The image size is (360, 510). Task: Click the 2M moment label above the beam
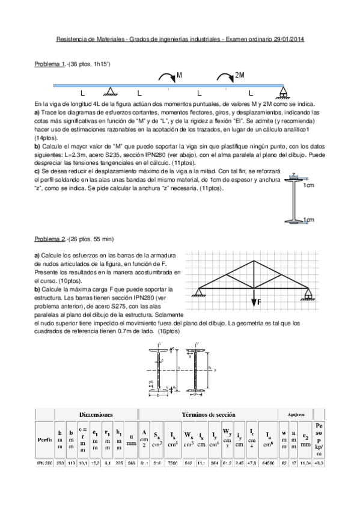tap(240, 75)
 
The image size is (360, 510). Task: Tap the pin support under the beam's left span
tap(110, 91)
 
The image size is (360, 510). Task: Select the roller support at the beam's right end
tap(284, 91)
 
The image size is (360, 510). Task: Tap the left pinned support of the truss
tap(196, 293)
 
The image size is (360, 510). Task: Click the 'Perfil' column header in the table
tap(43, 440)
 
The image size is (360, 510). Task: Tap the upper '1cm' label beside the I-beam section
tap(309, 186)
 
